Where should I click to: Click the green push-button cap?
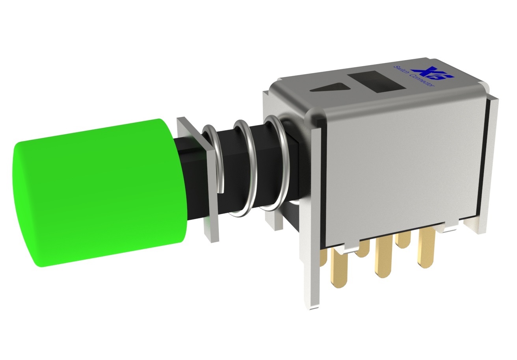click(99, 193)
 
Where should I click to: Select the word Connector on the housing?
click(422, 80)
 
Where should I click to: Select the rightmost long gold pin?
click(426, 248)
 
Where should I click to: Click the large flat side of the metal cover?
click(402, 165)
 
